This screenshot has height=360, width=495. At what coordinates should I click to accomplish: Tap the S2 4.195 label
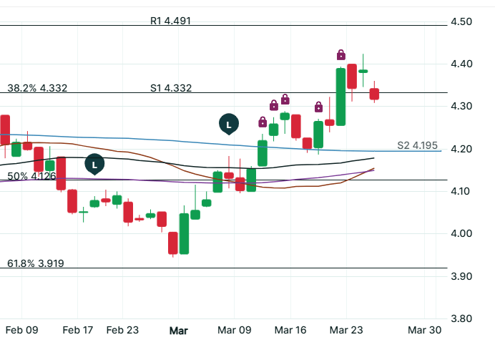click(417, 146)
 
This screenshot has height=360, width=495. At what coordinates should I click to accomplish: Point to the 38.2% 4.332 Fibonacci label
click(37, 88)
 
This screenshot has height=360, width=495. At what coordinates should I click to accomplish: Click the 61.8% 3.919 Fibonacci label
click(36, 263)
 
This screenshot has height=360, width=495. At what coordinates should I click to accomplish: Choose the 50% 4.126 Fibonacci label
click(31, 175)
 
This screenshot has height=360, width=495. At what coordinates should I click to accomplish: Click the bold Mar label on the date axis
click(178, 331)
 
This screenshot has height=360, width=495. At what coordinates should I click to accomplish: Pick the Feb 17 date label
click(78, 331)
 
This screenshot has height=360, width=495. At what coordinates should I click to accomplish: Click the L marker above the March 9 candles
click(228, 125)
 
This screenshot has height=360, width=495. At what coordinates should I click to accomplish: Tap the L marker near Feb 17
click(94, 165)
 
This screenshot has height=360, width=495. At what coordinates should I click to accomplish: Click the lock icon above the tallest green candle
click(341, 54)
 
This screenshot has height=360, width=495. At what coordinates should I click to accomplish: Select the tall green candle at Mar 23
click(340, 97)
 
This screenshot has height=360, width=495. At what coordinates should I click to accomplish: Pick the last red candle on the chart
click(374, 94)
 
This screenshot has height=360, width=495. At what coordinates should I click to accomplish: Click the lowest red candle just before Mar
click(172, 243)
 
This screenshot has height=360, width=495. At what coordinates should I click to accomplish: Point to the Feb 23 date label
click(122, 331)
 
